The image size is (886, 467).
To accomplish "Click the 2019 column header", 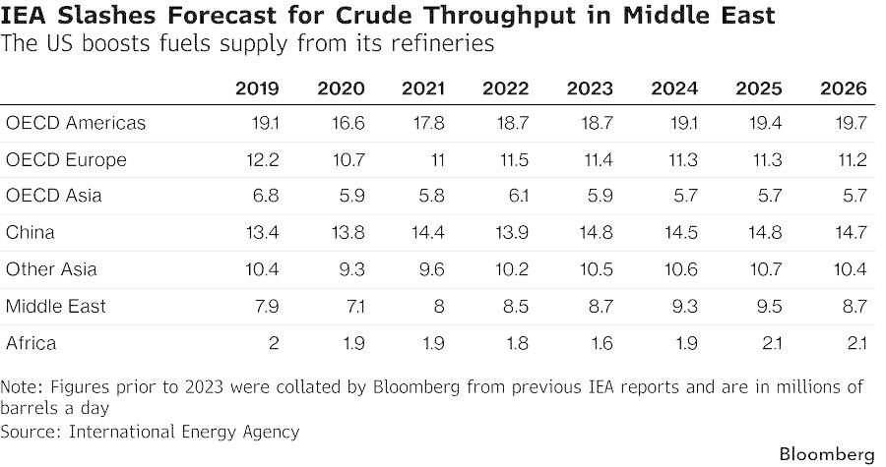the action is click(257, 88).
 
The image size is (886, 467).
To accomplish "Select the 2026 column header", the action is click(843, 88).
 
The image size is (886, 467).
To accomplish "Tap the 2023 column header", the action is click(590, 88).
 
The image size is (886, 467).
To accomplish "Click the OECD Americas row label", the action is click(76, 123).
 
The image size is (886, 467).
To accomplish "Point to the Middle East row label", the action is click(55, 307).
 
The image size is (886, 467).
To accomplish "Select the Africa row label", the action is click(32, 343).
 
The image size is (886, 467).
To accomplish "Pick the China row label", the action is click(30, 232).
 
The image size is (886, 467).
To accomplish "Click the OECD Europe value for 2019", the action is click(263, 159).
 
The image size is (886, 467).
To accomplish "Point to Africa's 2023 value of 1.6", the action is click(601, 343).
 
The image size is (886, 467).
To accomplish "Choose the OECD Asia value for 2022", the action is click(517, 196).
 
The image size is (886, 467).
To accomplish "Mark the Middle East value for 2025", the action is click(769, 307).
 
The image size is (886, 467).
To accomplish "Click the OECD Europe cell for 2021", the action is click(438, 159).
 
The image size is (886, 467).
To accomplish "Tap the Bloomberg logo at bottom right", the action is click(827, 454).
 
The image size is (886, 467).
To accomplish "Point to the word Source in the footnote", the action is click(30, 432).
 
